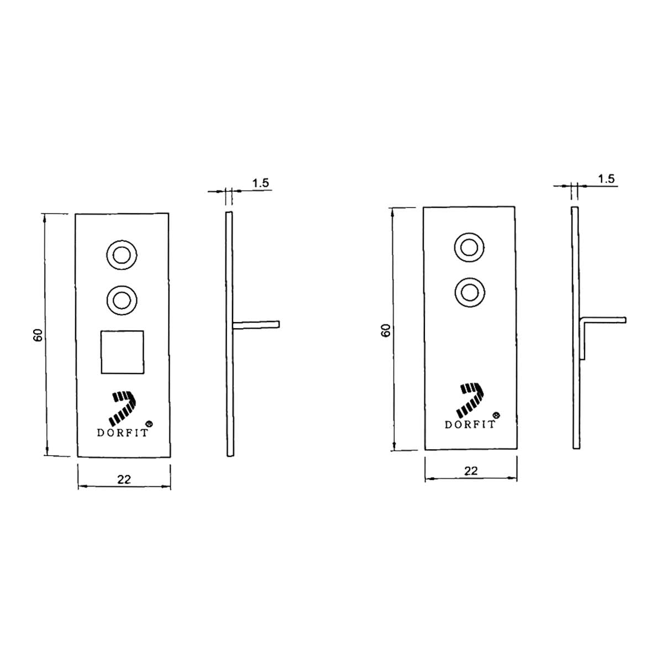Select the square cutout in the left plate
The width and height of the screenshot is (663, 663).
pyautogui.click(x=122, y=352)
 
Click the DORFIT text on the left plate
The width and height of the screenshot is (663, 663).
pyautogui.click(x=123, y=433)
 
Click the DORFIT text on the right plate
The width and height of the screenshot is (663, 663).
pyautogui.click(x=470, y=424)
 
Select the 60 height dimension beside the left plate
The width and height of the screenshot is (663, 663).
pyautogui.click(x=38, y=335)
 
